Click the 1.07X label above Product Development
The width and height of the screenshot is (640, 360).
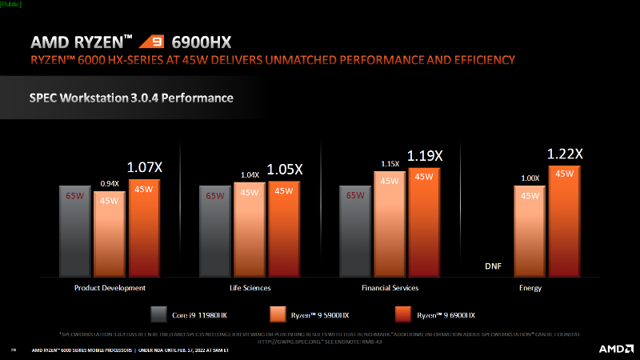point(144,167)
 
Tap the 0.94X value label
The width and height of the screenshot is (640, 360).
point(109,183)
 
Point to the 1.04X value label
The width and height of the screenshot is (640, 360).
point(249,174)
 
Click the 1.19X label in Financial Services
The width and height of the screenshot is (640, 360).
point(423,156)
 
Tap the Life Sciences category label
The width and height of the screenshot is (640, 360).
point(250,287)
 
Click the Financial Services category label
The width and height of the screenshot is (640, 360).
point(390,287)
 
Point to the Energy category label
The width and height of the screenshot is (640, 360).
point(530,287)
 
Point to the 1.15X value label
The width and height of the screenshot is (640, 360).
point(389,163)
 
